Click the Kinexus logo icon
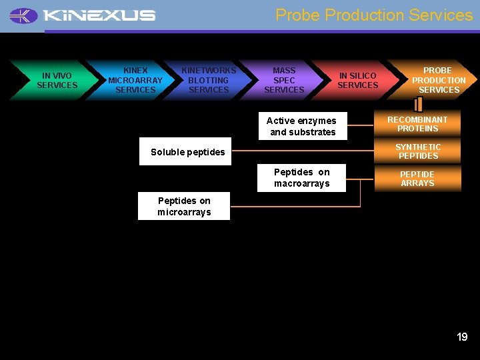click(24, 15)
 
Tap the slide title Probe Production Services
click(374, 15)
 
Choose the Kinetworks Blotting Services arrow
click(209, 80)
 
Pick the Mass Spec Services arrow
click(284, 80)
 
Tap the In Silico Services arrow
click(357, 80)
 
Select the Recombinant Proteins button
click(417, 124)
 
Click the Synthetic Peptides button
click(417, 151)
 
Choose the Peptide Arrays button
click(417, 179)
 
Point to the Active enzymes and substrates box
click(301, 126)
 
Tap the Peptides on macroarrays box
click(301, 178)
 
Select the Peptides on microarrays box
click(184, 206)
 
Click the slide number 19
click(462, 337)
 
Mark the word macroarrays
click(301, 184)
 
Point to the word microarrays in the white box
click(184, 213)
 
